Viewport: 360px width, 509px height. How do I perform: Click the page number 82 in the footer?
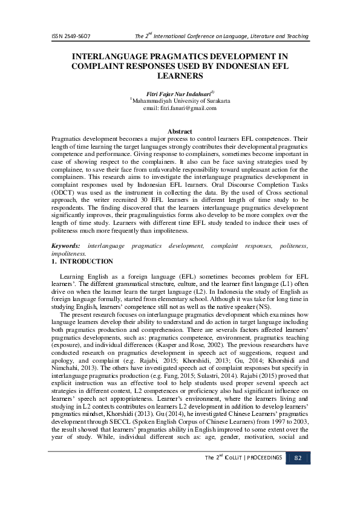[298, 475]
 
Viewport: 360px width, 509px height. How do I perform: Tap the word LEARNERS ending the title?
[179, 77]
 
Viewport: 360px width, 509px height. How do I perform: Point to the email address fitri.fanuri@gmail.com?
[180, 108]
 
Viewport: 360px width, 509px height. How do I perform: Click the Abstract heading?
[180, 131]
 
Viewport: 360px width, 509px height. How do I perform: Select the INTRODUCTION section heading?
[87, 262]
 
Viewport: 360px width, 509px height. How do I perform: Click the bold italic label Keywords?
[65, 247]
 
